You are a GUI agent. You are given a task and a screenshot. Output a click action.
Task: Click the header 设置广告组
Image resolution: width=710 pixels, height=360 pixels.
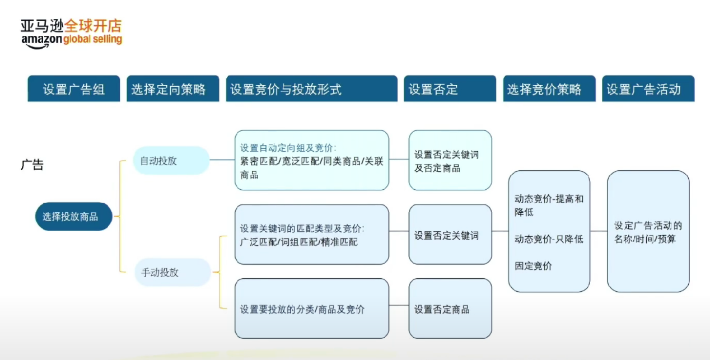click(74, 89)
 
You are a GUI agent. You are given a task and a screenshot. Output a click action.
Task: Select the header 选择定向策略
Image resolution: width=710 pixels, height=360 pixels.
click(172, 89)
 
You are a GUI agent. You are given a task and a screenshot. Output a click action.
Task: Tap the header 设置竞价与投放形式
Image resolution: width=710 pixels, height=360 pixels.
click(311, 89)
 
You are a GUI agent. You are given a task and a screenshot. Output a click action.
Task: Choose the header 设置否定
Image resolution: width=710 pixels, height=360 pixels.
click(450, 89)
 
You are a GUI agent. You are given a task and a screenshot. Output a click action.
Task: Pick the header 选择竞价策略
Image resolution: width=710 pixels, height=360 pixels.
click(549, 89)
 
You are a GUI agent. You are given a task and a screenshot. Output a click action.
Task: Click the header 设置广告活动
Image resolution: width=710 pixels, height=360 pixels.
click(648, 89)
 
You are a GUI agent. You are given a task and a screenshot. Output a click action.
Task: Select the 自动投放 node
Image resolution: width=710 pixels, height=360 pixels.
click(171, 161)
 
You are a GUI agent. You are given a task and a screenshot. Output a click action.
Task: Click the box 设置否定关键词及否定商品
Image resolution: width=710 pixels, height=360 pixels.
click(450, 161)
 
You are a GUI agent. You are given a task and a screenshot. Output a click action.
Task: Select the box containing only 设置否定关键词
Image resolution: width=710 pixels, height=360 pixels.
click(450, 235)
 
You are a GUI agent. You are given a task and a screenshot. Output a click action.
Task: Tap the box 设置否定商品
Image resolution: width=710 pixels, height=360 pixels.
click(450, 308)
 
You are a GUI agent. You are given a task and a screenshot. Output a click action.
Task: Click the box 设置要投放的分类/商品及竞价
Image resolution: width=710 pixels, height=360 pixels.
click(311, 308)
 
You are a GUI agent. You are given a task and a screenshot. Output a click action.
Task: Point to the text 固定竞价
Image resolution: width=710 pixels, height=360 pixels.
click(533, 266)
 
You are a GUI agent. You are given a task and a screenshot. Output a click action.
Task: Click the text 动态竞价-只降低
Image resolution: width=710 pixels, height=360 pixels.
click(549, 239)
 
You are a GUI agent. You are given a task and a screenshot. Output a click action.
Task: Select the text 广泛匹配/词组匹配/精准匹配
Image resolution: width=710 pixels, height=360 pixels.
click(298, 242)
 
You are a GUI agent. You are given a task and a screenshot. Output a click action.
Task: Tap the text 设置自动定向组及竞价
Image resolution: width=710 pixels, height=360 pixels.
click(288, 148)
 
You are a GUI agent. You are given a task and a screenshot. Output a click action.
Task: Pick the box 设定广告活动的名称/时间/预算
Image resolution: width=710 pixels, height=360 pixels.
click(648, 232)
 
